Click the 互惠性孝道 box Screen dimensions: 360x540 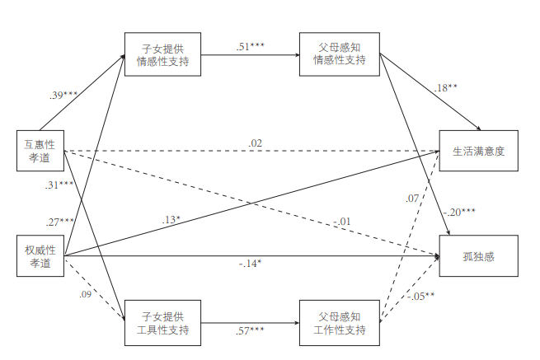pyautogui.click(x=40, y=151)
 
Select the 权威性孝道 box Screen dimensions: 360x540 pyautogui.click(x=40, y=256)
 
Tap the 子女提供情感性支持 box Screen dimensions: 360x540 pyautogui.click(x=163, y=54)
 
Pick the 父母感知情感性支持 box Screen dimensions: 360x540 pyautogui.click(x=339, y=54)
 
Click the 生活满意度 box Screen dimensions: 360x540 pyautogui.click(x=479, y=151)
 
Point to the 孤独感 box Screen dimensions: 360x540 pyautogui.click(x=479, y=256)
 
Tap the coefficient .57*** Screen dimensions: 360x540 pyautogui.click(x=250, y=331)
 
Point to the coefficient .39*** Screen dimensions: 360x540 pyautogui.click(x=63, y=96)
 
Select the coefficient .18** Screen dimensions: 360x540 pyautogui.click(x=444, y=87)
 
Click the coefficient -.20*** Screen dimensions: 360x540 pyautogui.click(x=458, y=212)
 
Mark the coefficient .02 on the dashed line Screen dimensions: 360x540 pyautogui.click(x=256, y=143)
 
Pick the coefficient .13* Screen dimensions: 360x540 pyautogui.click(x=172, y=219)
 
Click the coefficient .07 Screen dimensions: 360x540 pyautogui.click(x=412, y=199)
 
